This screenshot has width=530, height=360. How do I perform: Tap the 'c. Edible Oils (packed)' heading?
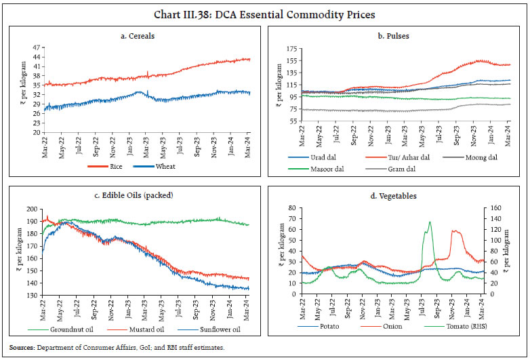[136, 195]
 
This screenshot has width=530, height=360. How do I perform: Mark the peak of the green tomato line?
[430, 222]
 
